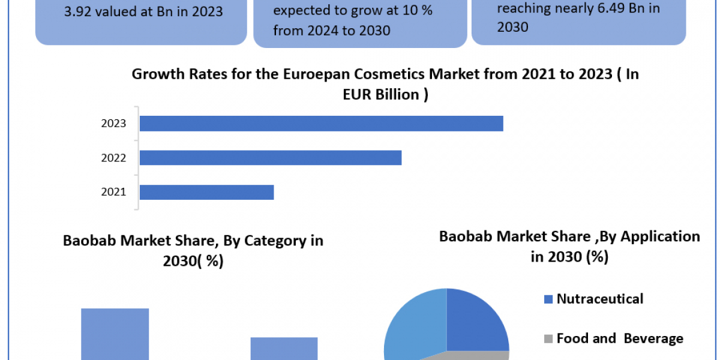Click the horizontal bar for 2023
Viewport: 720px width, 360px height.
coord(321,124)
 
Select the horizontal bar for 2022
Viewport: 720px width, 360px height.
coord(270,158)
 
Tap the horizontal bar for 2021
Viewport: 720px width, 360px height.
coord(206,192)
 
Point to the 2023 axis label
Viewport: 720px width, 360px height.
coord(114,124)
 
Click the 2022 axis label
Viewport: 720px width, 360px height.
coord(114,158)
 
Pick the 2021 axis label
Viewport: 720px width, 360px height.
coord(114,192)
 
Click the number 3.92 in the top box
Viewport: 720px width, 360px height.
coord(77,11)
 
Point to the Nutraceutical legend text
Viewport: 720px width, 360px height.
coord(599,298)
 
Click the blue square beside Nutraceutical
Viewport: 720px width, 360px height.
coord(548,299)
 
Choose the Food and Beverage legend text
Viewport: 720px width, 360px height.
coord(620,338)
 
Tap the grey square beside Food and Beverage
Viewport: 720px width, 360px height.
coord(548,339)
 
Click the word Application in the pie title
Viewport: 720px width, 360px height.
coord(660,236)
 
